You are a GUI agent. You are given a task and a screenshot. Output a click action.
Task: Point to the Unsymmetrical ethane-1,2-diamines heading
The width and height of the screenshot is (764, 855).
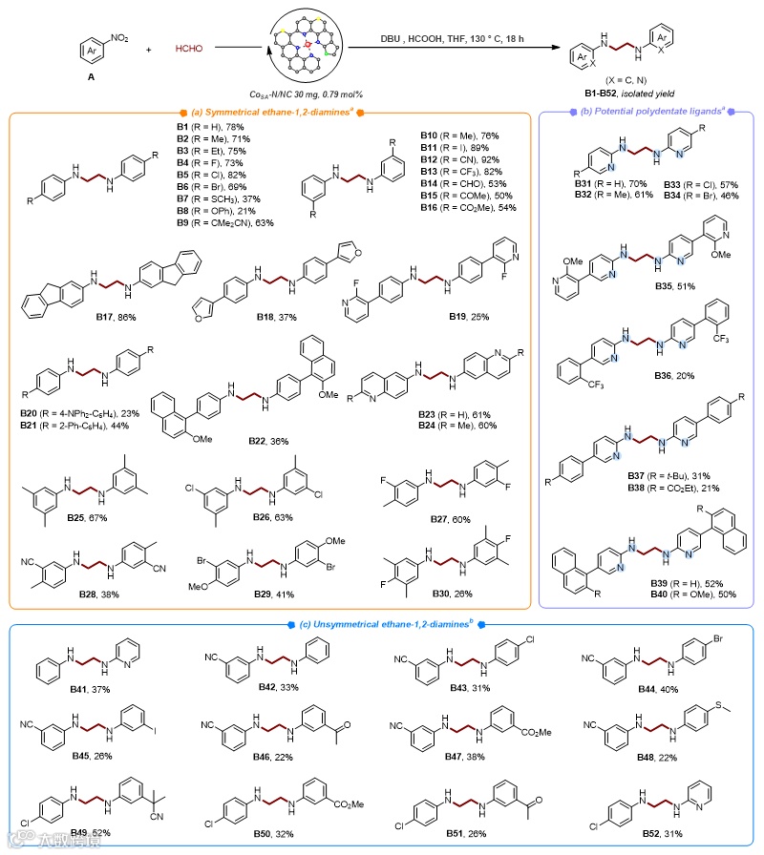[381, 626]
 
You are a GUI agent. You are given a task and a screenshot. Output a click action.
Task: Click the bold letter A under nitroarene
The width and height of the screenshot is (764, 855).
[90, 79]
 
